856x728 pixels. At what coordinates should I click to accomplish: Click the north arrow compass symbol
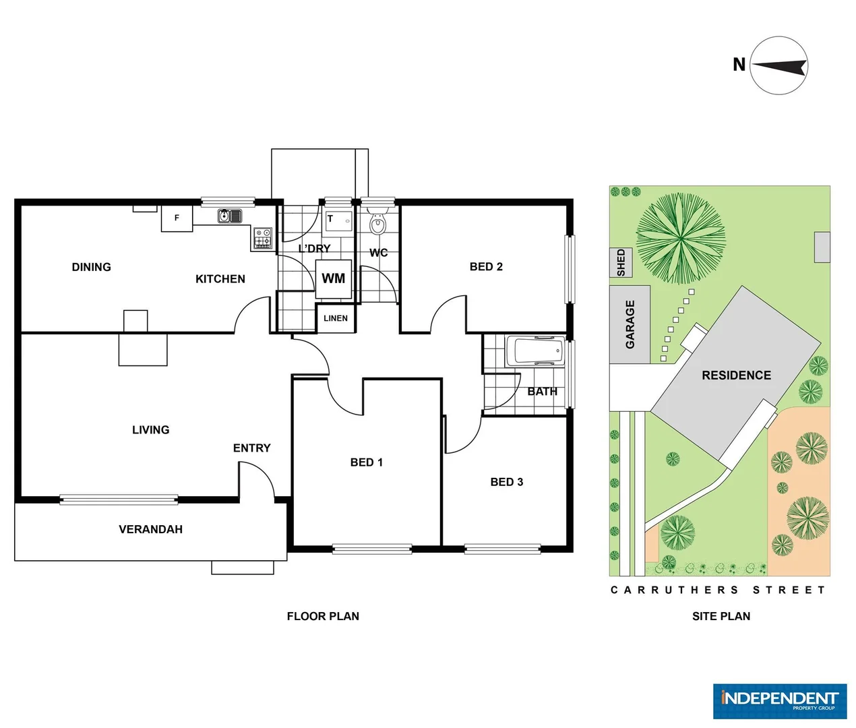[778, 65]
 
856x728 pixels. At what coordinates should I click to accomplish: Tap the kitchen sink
[230, 216]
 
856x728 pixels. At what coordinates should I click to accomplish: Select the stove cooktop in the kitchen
[262, 238]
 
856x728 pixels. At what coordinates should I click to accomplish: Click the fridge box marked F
[177, 218]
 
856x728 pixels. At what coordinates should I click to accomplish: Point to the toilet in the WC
[378, 224]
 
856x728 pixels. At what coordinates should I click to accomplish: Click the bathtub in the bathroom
[538, 351]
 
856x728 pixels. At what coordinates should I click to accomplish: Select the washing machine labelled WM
[334, 278]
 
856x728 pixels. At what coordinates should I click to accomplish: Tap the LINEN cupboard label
[336, 318]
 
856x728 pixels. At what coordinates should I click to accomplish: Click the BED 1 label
[366, 462]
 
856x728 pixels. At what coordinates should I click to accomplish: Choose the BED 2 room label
[486, 267]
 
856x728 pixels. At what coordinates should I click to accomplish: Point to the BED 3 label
[506, 482]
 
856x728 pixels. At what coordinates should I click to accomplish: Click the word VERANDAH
[150, 530]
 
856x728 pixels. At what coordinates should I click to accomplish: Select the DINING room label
[91, 267]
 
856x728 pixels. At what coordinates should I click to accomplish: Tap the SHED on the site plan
[621, 262]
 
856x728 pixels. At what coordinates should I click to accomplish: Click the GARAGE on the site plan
[630, 324]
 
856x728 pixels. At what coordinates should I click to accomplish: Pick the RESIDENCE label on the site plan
[736, 375]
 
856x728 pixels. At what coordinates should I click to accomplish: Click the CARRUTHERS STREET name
[718, 590]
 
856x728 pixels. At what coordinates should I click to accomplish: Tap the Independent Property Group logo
[780, 701]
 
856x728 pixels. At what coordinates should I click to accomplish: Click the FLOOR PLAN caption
[323, 616]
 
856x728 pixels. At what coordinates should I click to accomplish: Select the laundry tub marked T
[338, 220]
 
